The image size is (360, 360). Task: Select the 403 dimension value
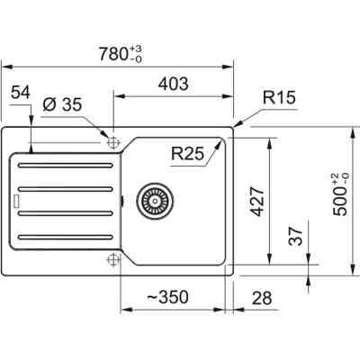[174, 84]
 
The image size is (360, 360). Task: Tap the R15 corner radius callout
[279, 97]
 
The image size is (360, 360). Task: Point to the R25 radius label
[187, 153]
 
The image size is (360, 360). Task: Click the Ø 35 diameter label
[62, 104]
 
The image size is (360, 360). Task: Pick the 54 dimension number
[21, 93]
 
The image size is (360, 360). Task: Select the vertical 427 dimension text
[257, 202]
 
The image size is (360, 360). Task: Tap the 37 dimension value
[296, 236]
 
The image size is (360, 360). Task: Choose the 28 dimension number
[262, 298]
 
